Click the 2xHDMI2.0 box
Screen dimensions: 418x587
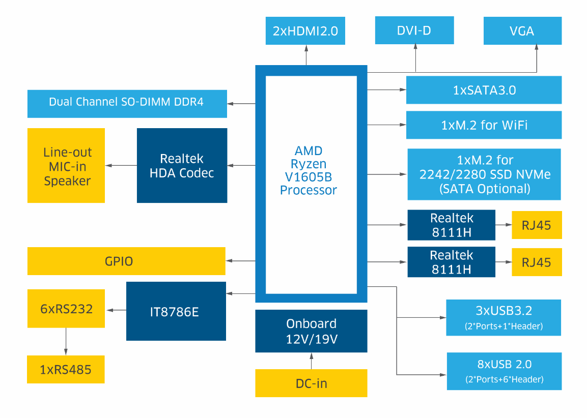point(305,31)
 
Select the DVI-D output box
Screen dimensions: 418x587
point(414,31)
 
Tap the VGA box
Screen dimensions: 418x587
point(522,31)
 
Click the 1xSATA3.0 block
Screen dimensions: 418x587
point(484,90)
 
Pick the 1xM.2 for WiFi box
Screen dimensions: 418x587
point(484,125)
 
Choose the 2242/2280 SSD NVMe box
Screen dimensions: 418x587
point(484,174)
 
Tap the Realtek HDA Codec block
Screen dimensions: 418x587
point(182,165)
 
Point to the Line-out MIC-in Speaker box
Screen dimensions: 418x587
point(66,165)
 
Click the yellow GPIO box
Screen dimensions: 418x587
point(126,261)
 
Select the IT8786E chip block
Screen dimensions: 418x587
point(176,311)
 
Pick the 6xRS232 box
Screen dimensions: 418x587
point(66,308)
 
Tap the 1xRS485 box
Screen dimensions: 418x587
point(66,369)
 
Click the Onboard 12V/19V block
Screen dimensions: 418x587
point(311,331)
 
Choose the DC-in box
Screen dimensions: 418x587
point(311,383)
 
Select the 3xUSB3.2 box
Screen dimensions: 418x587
point(504,317)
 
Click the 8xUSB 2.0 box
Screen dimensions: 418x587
point(504,371)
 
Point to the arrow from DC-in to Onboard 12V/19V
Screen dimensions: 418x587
point(311,361)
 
